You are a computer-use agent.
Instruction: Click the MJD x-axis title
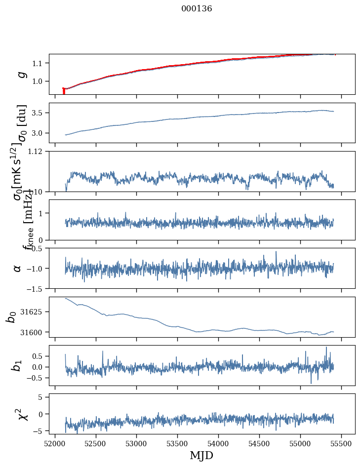201,455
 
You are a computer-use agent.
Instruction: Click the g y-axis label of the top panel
21,75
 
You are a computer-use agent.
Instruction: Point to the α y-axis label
18,268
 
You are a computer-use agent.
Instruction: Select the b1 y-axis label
18,365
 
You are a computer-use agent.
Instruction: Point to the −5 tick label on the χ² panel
38,431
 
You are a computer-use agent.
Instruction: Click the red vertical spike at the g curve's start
64,91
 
